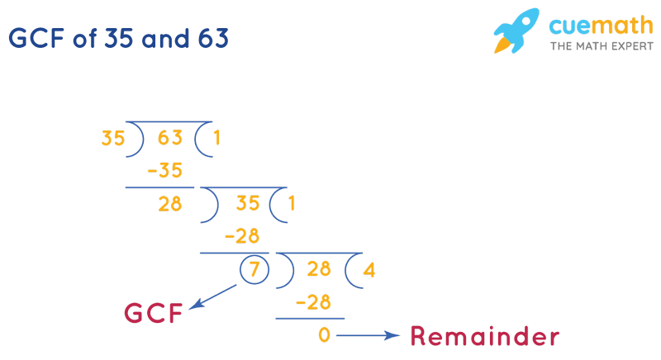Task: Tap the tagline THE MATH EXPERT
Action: [x=591, y=47]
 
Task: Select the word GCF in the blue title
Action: [x=39, y=38]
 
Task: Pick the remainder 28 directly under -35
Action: [x=169, y=205]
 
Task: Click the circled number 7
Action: [x=254, y=270]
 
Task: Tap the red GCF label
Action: [x=153, y=314]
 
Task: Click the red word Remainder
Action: [x=484, y=336]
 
